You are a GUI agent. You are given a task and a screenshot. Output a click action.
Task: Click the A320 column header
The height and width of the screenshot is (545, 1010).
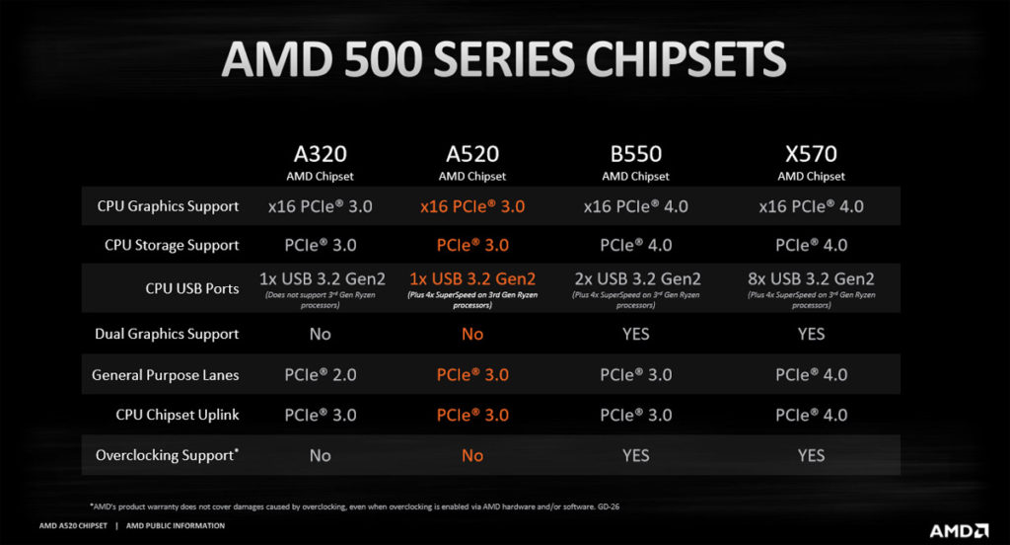tap(320, 155)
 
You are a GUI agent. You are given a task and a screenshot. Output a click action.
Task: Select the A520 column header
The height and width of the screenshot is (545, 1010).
tap(472, 155)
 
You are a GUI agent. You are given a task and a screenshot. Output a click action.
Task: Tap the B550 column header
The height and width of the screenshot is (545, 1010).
tap(635, 155)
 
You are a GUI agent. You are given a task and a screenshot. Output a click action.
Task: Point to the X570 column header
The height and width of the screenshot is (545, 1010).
tap(811, 155)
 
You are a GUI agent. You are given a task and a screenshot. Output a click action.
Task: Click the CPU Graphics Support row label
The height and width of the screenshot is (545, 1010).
tap(168, 206)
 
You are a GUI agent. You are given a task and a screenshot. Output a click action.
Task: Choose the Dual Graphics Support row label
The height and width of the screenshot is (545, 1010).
tap(167, 334)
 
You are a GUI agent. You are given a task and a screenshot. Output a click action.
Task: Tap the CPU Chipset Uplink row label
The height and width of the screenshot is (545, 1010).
tap(178, 415)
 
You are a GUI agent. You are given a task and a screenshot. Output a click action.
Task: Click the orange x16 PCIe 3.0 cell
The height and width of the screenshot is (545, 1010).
tap(472, 206)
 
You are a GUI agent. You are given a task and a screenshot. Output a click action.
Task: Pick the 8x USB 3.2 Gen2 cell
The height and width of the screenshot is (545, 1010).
tap(811, 279)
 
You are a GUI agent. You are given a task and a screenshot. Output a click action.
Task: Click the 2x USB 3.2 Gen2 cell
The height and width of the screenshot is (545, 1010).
tap(635, 279)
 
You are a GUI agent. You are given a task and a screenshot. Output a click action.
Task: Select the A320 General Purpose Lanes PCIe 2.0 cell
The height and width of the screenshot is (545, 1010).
tap(320, 375)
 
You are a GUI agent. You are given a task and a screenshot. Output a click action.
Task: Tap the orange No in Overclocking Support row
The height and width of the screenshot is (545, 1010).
tap(472, 455)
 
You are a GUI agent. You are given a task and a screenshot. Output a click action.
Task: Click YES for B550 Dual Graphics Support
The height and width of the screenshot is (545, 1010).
tap(635, 334)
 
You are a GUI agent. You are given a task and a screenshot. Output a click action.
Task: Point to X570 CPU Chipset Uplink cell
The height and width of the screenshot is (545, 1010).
tap(811, 415)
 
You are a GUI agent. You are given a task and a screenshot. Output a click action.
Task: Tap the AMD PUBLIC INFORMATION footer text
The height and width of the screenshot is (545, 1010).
tap(176, 525)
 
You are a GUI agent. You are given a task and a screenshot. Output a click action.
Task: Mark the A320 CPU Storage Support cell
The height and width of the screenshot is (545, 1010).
tap(320, 245)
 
